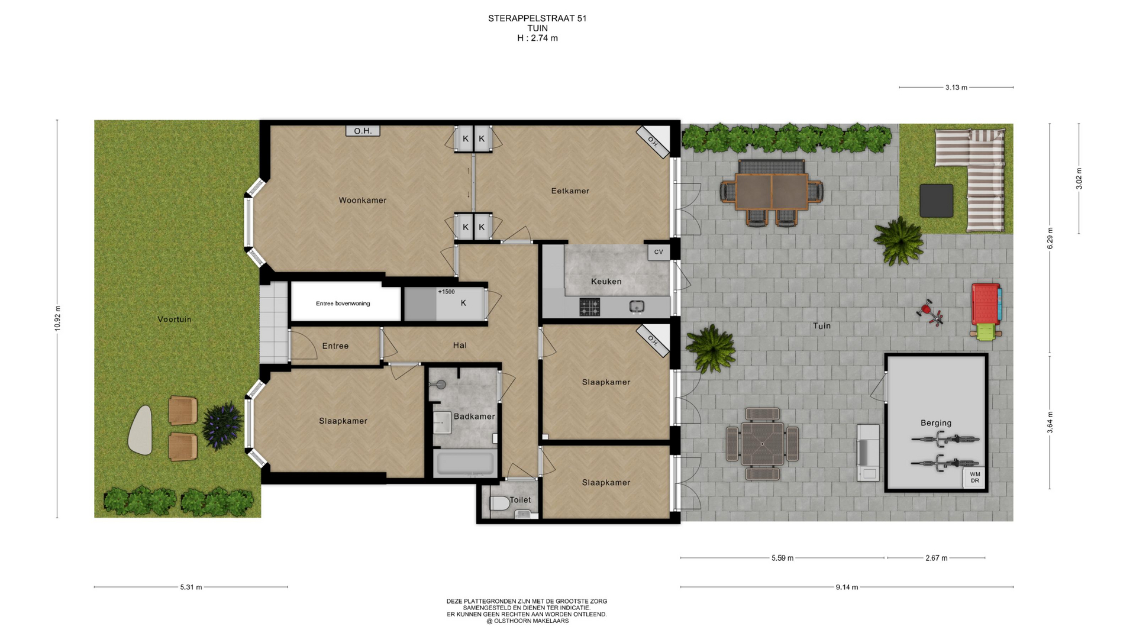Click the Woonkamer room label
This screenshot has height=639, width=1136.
tap(363, 201)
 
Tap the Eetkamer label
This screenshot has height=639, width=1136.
tap(570, 191)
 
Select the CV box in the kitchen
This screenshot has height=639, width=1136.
tap(659, 252)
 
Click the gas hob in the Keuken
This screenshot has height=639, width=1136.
tap(589, 307)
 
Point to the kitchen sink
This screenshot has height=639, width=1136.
tap(637, 306)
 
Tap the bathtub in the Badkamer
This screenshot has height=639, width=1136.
tap(464, 463)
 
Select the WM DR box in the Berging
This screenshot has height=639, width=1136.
tap(974, 477)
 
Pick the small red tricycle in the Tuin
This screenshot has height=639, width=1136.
tap(930, 312)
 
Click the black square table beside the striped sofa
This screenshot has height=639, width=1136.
tap(937, 201)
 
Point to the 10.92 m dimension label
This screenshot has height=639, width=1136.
tap(57, 318)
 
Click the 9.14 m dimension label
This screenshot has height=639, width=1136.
tap(847, 587)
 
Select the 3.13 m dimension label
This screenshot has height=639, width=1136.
tap(956, 88)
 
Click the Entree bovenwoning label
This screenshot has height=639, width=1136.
tap(343, 304)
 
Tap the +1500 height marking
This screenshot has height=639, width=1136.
tap(446, 292)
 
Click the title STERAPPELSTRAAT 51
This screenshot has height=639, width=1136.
tap(537, 18)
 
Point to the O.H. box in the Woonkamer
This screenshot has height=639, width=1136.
tap(363, 131)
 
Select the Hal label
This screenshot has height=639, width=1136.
tap(460, 346)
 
